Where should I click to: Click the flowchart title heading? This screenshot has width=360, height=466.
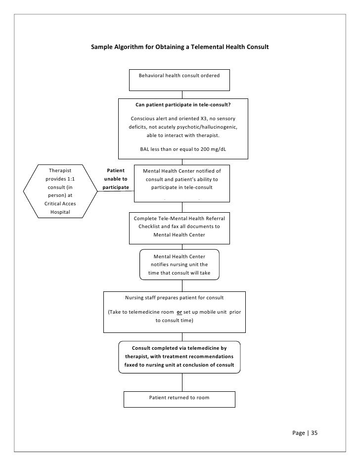(180, 48)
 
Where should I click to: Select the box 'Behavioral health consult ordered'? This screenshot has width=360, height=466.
(182, 80)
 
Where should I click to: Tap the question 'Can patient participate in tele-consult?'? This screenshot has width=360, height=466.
(183, 105)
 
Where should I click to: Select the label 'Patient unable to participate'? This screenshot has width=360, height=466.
(116, 179)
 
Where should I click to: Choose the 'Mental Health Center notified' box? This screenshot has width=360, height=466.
(182, 183)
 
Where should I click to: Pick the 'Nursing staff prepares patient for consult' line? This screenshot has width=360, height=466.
(174, 298)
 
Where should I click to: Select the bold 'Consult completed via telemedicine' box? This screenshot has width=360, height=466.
(179, 356)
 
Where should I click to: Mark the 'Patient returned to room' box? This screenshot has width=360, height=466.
(180, 398)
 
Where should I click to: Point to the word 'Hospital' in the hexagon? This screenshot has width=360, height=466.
(60, 212)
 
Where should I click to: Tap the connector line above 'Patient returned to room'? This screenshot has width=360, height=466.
(182, 382)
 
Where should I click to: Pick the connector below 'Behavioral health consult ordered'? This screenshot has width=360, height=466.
(182, 94)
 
